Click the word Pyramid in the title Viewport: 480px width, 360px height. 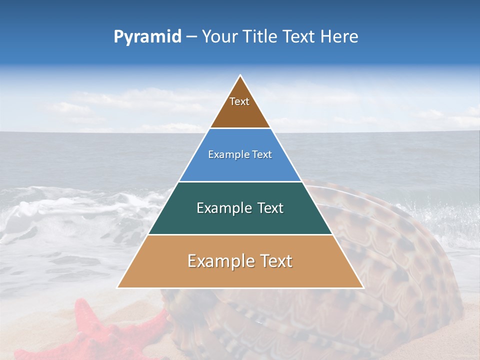tap(147, 37)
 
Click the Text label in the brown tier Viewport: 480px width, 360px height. tap(239, 102)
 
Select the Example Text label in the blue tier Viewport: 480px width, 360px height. tap(240, 155)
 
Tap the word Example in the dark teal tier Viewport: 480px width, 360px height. tap(221, 208)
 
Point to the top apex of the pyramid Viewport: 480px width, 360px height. tap(240, 75)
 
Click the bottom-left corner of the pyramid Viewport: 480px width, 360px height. tap(118, 287)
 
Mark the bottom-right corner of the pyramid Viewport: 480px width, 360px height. tap(363, 287)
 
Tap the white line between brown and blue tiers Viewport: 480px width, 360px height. tap(240, 128)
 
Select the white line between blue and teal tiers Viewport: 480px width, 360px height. tap(240, 181)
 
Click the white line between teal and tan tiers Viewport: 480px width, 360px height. tap(240, 234)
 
